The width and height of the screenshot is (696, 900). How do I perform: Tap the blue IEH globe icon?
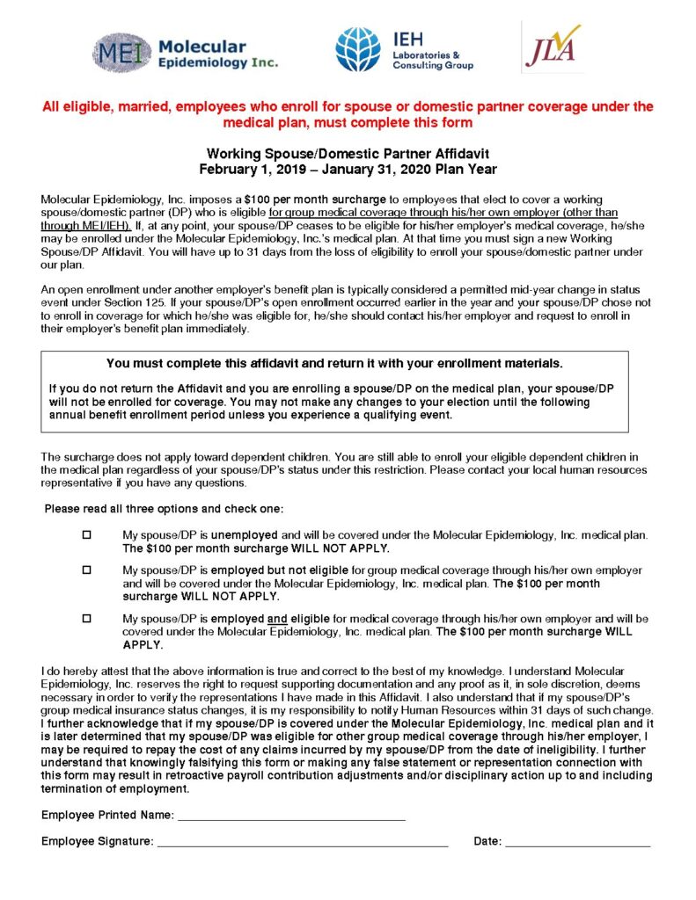tap(357, 49)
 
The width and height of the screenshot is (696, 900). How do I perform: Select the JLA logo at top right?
tap(551, 47)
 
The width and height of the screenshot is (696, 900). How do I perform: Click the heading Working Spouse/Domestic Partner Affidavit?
tap(348, 154)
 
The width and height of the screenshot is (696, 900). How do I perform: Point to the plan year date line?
tap(348, 170)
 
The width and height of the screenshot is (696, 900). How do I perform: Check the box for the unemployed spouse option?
tap(86, 535)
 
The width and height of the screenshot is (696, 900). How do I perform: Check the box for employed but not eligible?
tap(86, 570)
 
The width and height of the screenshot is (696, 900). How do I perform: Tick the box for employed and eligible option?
tap(86, 619)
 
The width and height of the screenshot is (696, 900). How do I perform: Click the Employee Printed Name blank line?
tap(291, 817)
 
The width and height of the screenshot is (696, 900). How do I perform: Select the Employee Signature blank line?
tap(303, 844)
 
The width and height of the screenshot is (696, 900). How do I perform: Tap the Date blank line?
tap(578, 844)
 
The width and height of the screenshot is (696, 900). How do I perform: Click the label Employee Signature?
tap(97, 842)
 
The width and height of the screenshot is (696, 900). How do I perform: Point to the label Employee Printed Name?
tap(107, 816)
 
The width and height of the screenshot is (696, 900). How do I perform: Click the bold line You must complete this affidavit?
tap(334, 363)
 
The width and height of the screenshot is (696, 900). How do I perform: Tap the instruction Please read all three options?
tap(164, 509)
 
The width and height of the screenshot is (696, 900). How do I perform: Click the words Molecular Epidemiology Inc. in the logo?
tap(218, 54)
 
